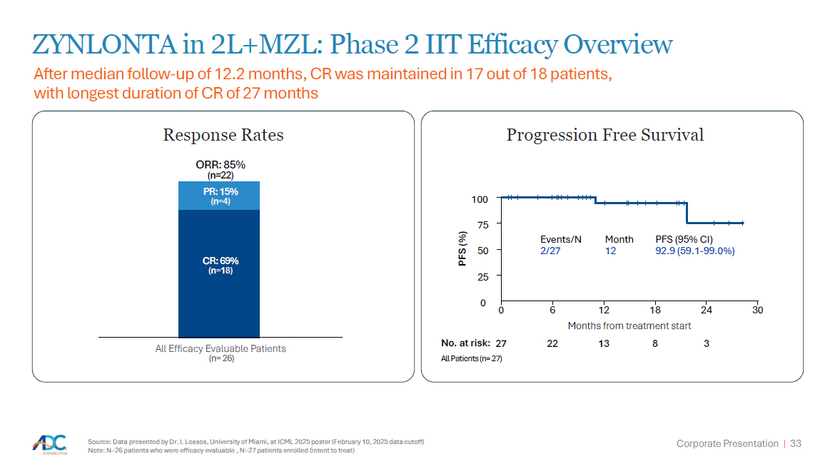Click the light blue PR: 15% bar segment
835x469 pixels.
coord(219,196)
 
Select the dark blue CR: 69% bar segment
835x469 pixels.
coord(219,273)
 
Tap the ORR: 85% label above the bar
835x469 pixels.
coord(221,165)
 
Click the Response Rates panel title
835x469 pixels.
coord(223,135)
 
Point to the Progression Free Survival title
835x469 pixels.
coord(605,135)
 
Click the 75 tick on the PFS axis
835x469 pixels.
coord(483,225)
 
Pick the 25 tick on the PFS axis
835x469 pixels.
coord(483,276)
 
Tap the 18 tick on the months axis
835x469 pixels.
coord(655,310)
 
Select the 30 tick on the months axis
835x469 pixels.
coord(757,310)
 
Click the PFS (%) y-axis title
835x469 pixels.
coord(462,248)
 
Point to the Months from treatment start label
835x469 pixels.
coord(629,326)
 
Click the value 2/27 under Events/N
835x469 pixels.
coord(550,251)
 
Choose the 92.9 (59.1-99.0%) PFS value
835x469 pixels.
coord(695,251)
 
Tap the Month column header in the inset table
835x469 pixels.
coord(619,239)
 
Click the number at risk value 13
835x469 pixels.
coord(604,343)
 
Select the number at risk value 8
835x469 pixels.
coord(655,343)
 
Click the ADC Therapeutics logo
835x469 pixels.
coord(50,445)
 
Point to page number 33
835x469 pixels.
coord(796,443)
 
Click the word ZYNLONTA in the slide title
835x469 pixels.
coord(104,44)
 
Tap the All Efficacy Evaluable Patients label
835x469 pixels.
coord(221,348)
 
